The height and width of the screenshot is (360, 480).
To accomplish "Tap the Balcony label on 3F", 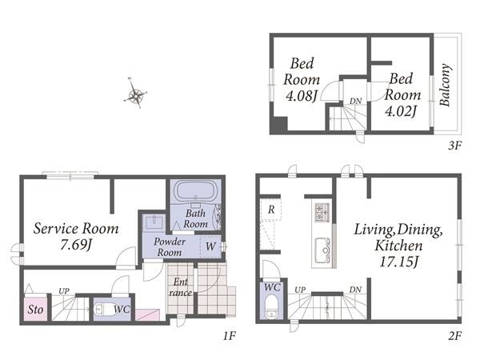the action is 445,85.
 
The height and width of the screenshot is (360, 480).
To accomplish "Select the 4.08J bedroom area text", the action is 302,96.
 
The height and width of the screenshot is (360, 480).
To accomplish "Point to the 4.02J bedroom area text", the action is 401,111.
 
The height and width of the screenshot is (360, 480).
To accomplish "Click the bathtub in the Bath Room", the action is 195,190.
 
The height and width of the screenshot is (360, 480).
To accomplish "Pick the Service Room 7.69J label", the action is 76,236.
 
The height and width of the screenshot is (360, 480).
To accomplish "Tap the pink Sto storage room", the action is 36,309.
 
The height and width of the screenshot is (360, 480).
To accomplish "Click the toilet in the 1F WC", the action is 102,310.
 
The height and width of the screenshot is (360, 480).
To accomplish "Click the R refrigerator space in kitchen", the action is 271,210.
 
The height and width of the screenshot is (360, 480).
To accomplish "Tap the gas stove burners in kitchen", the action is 322,212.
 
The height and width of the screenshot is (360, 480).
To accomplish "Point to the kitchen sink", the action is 322,250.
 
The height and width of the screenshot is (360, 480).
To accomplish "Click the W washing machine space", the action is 210,246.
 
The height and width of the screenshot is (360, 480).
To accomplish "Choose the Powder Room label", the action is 170,246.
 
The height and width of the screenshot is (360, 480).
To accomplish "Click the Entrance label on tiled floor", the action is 180,287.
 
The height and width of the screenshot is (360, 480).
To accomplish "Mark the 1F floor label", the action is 230,336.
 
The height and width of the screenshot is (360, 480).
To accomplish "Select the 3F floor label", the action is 454,146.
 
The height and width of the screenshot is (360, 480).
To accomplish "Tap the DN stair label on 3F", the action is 356,101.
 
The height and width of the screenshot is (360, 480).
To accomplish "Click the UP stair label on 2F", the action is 300,290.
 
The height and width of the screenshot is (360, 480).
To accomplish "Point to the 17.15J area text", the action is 399,262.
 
